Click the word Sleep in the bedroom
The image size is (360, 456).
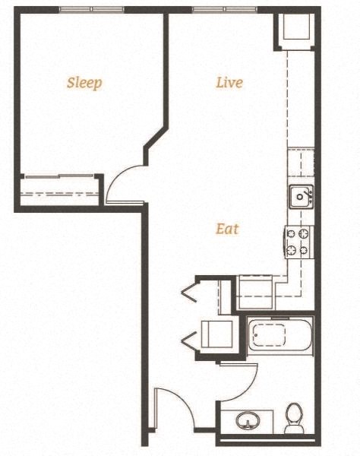84,83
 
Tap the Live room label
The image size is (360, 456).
229,82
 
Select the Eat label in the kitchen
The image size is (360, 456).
227,228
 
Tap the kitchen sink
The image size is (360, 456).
301,197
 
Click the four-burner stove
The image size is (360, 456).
299,242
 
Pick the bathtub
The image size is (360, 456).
279,335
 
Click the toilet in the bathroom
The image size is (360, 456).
294,419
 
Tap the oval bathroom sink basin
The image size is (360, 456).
247,420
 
